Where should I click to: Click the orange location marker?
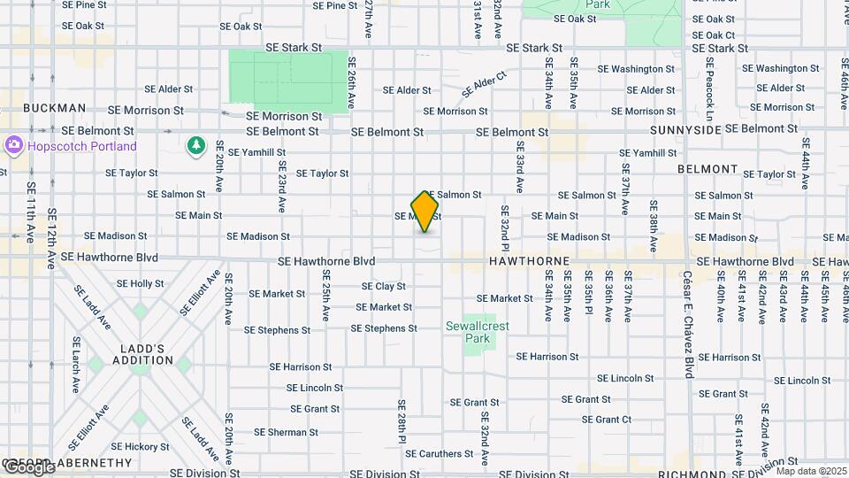click(x=424, y=212)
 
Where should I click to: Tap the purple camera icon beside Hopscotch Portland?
click(x=13, y=145)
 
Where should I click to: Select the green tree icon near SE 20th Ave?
click(x=195, y=145)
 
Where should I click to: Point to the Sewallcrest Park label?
click(x=478, y=332)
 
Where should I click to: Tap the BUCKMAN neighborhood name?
click(x=55, y=108)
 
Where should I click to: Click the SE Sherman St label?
click(x=286, y=433)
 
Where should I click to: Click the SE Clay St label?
click(x=384, y=287)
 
